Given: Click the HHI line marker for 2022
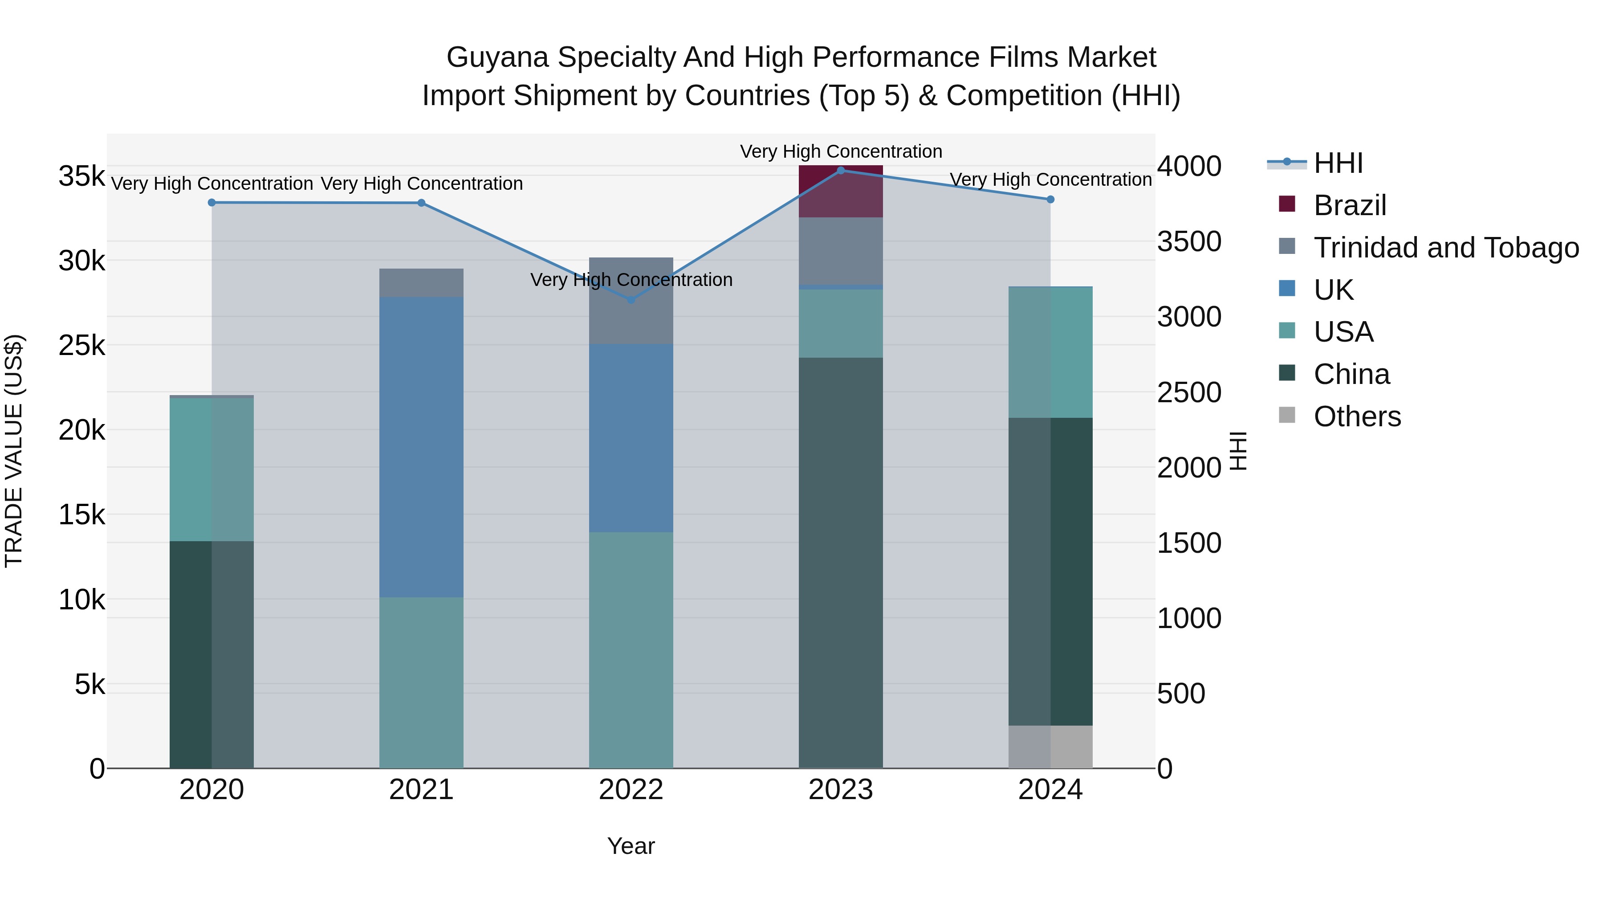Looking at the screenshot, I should (631, 299).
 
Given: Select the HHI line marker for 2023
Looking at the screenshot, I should (841, 171).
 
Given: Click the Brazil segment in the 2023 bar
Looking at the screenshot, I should (841, 192).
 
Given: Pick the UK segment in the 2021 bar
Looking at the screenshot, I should (421, 447).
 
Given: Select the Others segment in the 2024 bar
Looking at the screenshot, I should (1050, 747).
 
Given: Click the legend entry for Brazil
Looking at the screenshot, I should (1350, 205).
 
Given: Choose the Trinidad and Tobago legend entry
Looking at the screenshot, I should (1445, 248).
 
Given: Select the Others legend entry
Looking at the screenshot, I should (1357, 416).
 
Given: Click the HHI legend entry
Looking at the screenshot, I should (1338, 163).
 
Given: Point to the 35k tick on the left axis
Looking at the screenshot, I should (81, 176).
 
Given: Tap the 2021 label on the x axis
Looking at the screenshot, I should (421, 790).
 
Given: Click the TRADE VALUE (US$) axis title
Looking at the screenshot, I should (14, 451).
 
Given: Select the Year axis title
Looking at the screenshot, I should (631, 846).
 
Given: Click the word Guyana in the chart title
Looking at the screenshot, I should (497, 57).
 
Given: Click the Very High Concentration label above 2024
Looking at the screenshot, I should (1050, 179).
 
